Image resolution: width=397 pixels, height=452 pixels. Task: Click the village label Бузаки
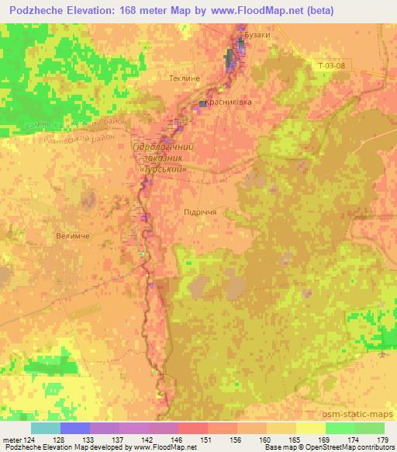click(x=257, y=36)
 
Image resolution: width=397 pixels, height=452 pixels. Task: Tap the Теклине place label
click(x=184, y=78)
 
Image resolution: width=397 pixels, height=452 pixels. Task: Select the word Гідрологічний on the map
click(x=162, y=146)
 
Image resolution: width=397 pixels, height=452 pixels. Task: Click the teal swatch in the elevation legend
click(x=46, y=428)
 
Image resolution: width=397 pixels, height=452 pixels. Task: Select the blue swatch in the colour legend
click(x=75, y=428)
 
